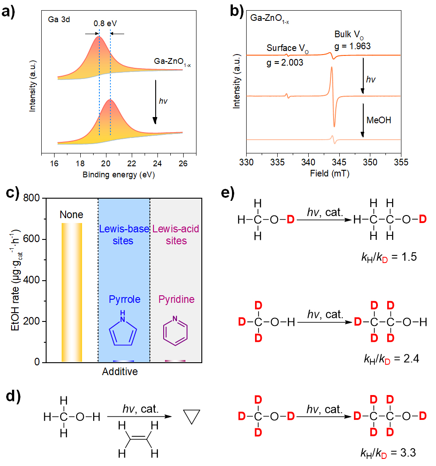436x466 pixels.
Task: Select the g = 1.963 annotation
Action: point(353,46)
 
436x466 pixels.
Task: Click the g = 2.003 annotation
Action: point(285,63)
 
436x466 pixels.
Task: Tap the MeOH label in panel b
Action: point(379,120)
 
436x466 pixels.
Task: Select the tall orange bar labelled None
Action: point(72,293)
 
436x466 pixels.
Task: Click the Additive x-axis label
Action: point(120,372)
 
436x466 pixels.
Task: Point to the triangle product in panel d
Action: point(192,418)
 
